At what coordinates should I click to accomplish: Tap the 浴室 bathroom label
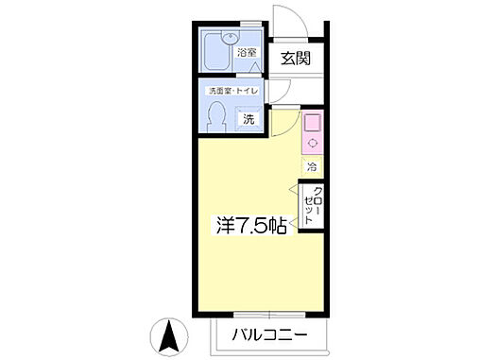click(x=248, y=53)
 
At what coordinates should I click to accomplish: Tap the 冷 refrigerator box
click(x=312, y=166)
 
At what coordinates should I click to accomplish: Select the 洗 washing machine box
click(x=249, y=120)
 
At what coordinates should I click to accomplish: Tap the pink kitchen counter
click(x=312, y=132)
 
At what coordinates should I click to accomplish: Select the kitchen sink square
click(x=312, y=122)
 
